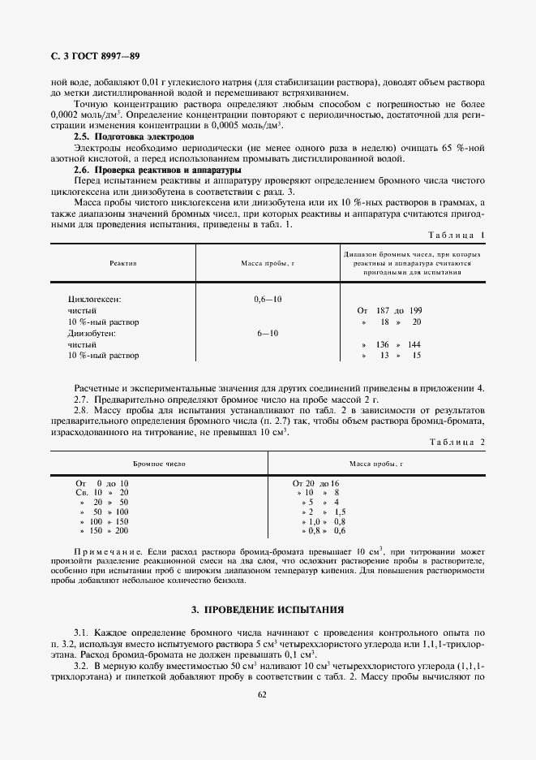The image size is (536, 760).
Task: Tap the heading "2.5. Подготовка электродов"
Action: pyautogui.click(x=134, y=138)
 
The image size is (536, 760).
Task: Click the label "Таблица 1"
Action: pyautogui.click(x=456, y=235)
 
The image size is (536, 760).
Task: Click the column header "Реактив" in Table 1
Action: pyautogui.click(x=123, y=264)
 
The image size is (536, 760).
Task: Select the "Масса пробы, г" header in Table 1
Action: pyautogui.click(x=268, y=264)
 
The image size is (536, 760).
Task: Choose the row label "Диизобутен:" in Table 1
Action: pyautogui.click(x=94, y=333)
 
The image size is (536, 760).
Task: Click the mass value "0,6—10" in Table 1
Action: pyautogui.click(x=268, y=300)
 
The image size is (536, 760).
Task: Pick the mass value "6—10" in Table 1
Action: pyautogui.click(x=268, y=333)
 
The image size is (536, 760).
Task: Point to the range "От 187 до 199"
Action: pyautogui.click(x=389, y=311)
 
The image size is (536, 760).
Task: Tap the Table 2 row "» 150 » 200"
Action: pyautogui.click(x=104, y=530)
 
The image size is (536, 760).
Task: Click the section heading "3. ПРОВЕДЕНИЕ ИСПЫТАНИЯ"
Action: pyautogui.click(x=268, y=609)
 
